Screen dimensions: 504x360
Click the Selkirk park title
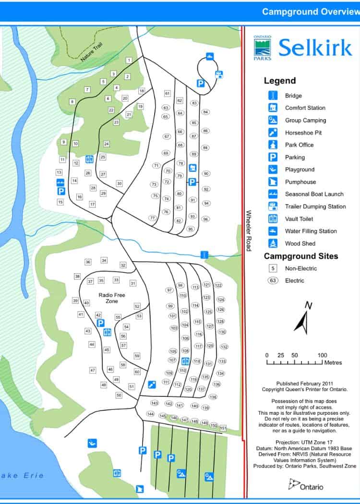[x=315, y=48]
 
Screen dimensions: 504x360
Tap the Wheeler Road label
[x=248, y=230]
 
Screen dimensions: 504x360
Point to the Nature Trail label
[x=92, y=52]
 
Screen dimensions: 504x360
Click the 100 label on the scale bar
[x=323, y=355]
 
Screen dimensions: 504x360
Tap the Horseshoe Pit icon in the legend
[x=273, y=132]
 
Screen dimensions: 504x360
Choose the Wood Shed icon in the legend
[x=273, y=243]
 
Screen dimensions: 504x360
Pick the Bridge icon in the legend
[x=273, y=96]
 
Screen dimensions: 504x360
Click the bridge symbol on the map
[x=204, y=254]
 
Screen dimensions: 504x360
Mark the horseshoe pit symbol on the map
[x=152, y=384]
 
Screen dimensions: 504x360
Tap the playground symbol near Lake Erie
[x=92, y=443]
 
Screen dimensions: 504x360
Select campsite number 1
[x=129, y=60]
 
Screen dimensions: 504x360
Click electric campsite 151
[x=223, y=428]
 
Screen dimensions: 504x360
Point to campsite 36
[x=88, y=262]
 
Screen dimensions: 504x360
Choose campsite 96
[x=205, y=219]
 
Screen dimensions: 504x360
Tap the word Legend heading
[x=279, y=81]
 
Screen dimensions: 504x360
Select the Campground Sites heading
[x=301, y=256]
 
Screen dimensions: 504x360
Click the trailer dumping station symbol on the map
[x=219, y=74]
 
